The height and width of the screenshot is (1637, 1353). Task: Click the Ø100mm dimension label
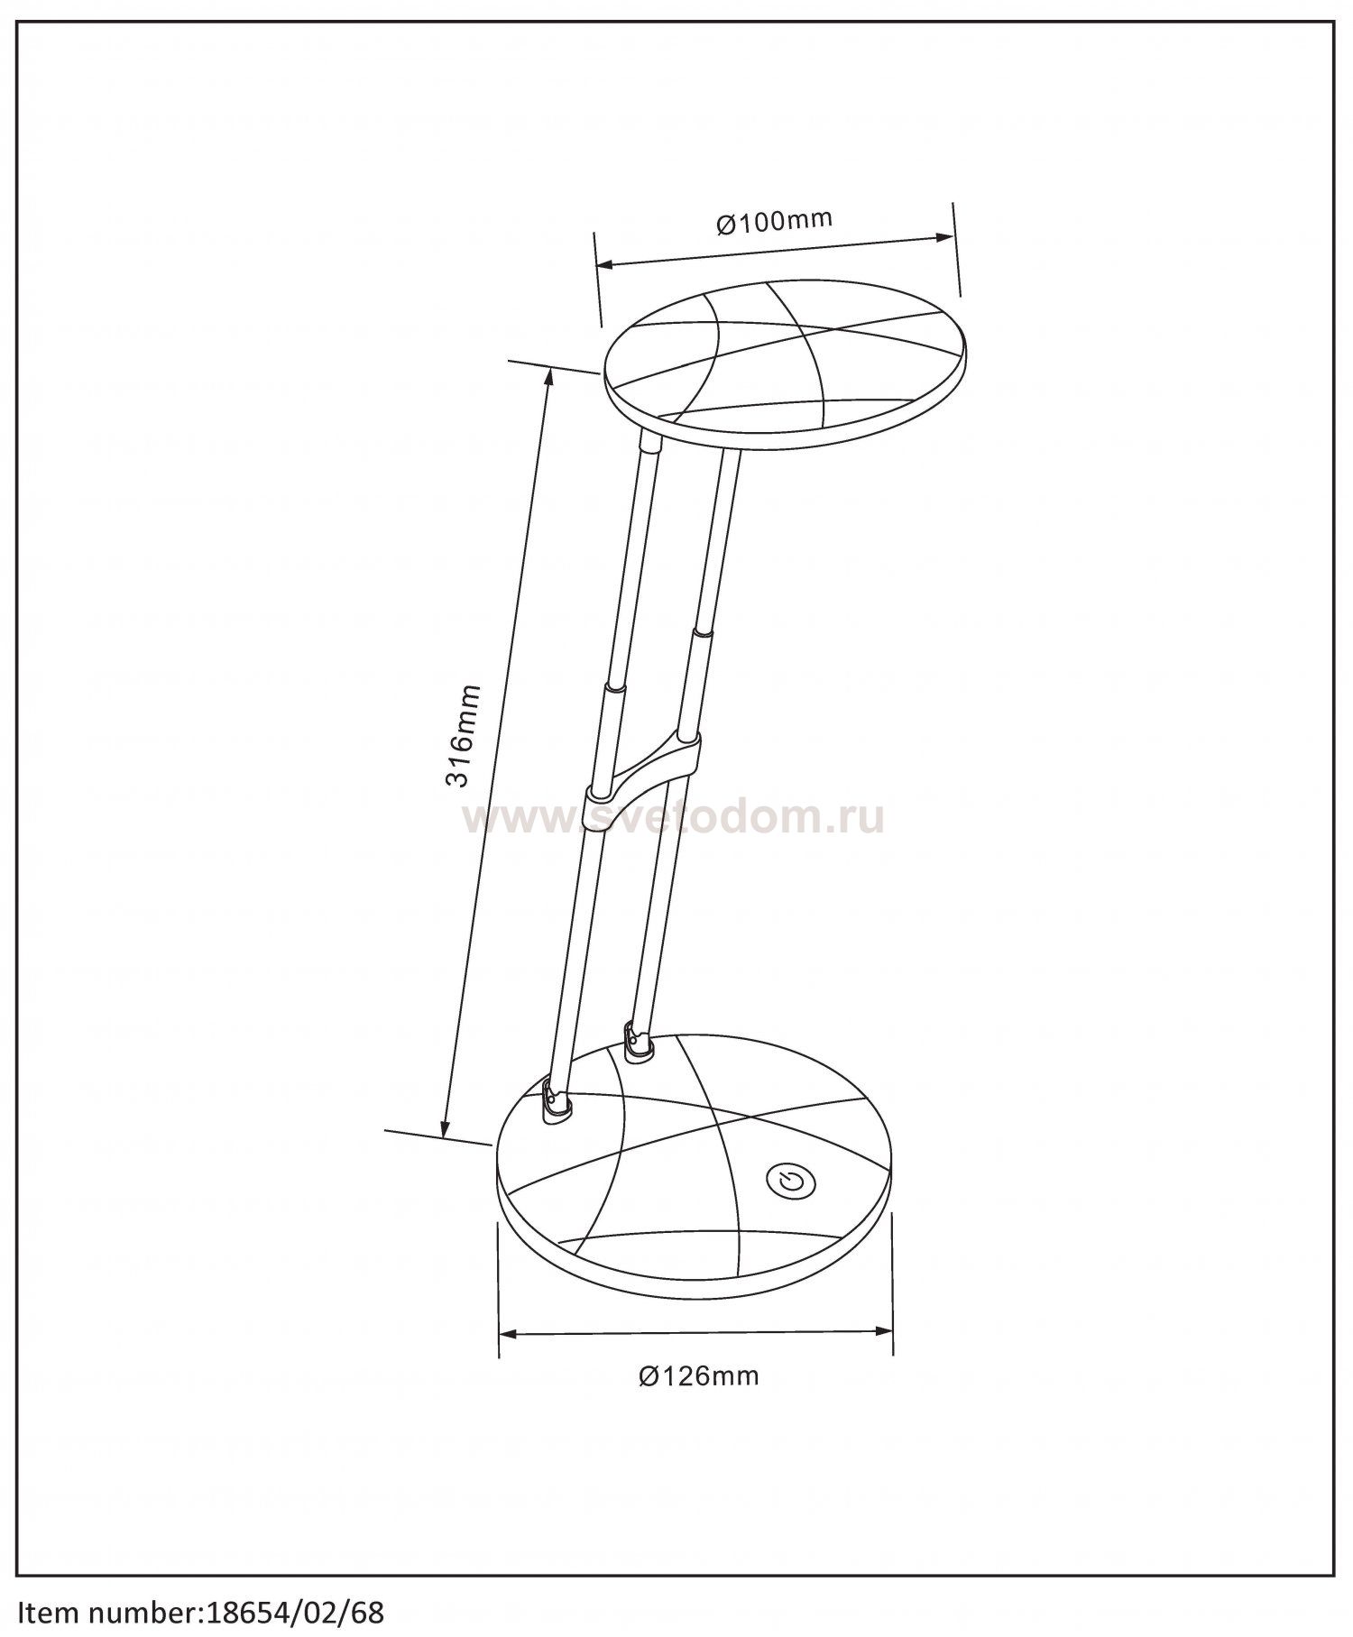point(774,222)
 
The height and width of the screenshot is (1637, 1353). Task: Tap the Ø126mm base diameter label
point(699,1402)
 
